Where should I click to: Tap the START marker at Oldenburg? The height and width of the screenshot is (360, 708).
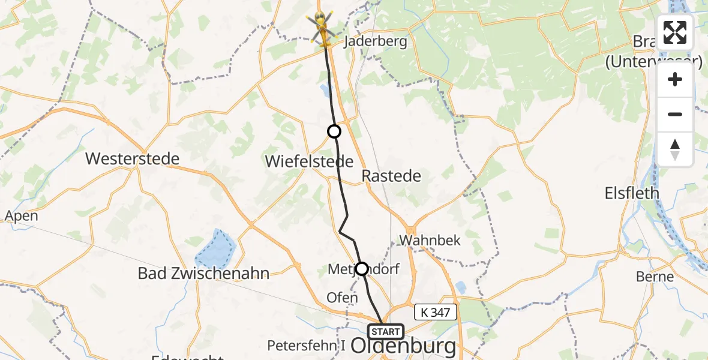coord(386,332)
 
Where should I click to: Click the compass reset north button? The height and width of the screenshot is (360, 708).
coord(675,149)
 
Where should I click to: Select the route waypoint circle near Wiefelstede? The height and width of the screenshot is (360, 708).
coord(334,131)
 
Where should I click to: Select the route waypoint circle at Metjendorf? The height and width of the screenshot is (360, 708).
coord(362,268)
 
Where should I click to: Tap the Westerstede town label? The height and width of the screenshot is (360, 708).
coord(133,159)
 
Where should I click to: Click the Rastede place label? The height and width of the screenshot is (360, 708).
coord(391,176)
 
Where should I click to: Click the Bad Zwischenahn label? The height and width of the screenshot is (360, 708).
coord(203,274)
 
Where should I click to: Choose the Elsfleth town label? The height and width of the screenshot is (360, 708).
coord(632,193)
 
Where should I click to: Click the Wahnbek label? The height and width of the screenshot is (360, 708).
coord(430,240)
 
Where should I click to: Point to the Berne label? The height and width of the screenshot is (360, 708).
coord(656,277)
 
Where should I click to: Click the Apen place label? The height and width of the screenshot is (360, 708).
coord(21,216)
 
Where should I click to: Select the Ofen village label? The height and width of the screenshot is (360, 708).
coord(342,297)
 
